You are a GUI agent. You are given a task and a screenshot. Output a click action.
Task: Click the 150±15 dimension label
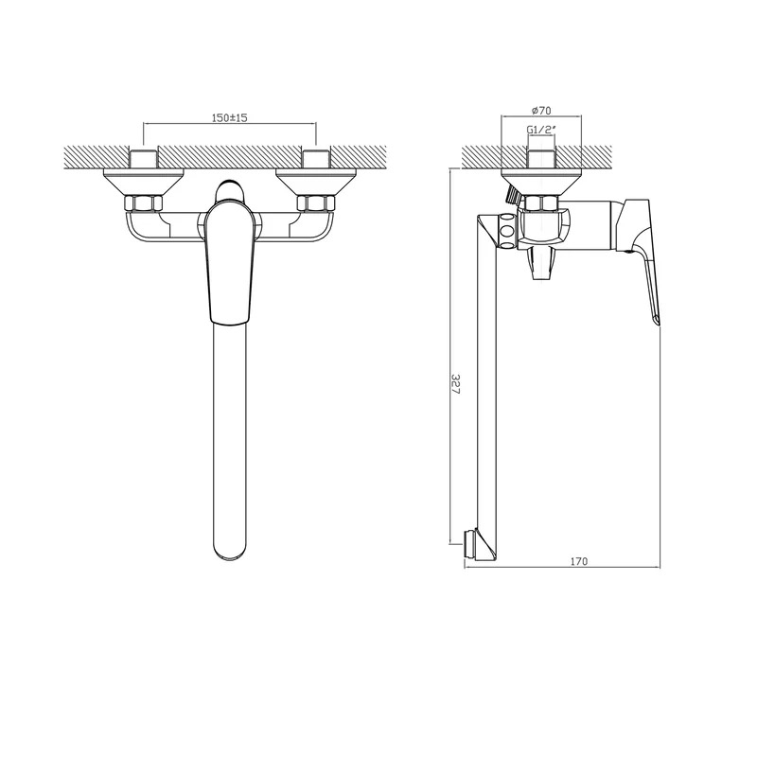coord(229,117)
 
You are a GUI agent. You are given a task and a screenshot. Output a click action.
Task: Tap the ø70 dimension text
coord(541,111)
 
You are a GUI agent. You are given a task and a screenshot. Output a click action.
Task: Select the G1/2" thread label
coord(540,130)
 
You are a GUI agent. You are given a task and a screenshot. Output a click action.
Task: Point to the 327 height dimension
coord(455,383)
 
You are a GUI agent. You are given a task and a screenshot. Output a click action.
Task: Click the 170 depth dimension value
coord(579,561)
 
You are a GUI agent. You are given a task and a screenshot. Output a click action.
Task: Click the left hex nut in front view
coord(144,203)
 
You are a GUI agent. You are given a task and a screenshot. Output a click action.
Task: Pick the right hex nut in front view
coord(316,203)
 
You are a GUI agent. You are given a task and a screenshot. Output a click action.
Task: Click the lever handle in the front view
coord(229,262)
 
